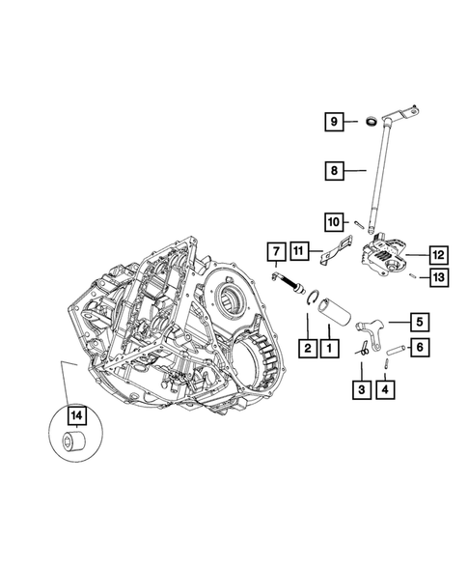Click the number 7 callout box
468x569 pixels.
click(274, 254)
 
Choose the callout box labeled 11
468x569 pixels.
click(300, 254)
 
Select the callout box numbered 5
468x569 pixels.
click(421, 321)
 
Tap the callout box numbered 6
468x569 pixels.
click(421, 347)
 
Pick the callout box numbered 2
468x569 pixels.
click(306, 347)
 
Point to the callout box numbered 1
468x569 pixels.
click(330, 347)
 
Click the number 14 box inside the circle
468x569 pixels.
click(74, 416)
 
